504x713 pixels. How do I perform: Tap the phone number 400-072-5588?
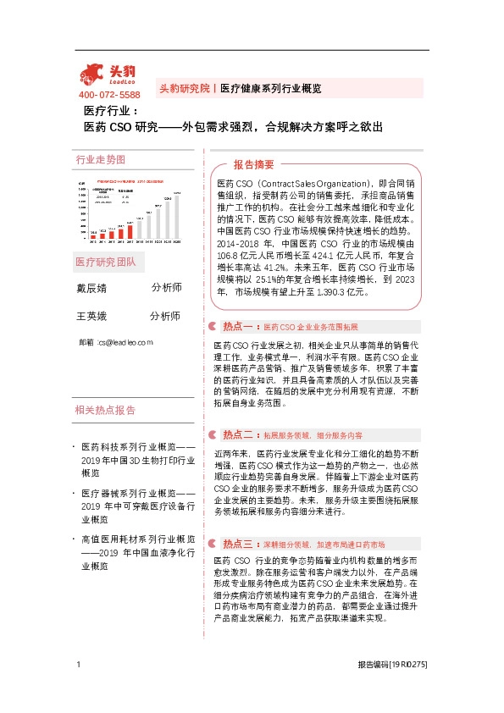point(109,95)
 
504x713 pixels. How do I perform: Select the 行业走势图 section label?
point(100,159)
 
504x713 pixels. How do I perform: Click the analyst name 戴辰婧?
point(91,288)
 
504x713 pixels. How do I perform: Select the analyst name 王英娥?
point(91,317)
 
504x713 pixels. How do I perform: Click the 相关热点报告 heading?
point(105,411)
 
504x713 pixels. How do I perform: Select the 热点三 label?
point(238,520)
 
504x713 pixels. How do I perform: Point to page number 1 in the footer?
point(78,688)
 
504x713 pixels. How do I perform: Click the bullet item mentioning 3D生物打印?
point(139,452)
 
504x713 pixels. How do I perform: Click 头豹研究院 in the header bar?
point(184,88)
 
